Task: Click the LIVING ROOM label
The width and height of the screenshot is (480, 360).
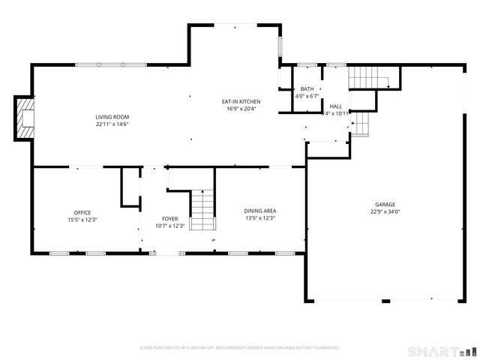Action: click(112, 116)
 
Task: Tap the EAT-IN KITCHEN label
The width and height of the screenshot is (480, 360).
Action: click(241, 101)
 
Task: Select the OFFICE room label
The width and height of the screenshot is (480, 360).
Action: click(82, 212)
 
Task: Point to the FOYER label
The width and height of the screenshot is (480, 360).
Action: click(169, 219)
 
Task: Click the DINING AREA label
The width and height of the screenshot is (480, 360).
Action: click(261, 211)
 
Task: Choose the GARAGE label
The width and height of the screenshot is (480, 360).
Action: click(385, 204)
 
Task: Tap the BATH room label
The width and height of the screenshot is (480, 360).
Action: click(307, 89)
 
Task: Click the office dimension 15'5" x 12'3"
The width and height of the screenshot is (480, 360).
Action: click(82, 219)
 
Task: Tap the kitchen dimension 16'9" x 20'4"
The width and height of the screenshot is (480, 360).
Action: click(241, 108)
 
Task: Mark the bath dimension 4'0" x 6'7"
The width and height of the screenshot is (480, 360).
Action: click(307, 96)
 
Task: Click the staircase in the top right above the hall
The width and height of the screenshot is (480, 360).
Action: click(365, 76)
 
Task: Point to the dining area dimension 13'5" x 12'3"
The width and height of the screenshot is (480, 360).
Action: click(261, 218)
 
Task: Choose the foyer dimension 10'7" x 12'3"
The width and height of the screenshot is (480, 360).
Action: click(169, 226)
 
